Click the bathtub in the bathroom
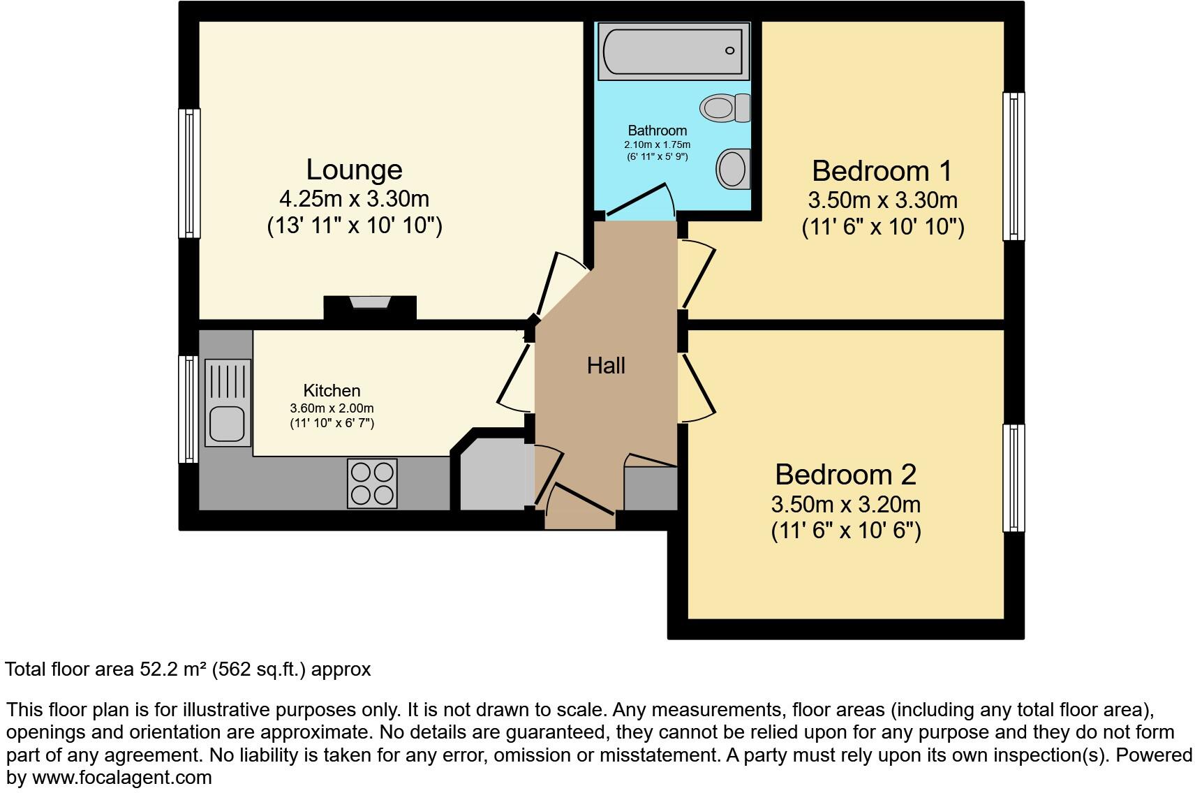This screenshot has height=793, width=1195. pos(672,50)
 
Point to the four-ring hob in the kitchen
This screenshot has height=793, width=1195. pos(372,483)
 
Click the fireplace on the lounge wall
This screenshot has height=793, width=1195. pos(370,306)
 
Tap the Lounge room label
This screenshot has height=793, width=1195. pos(354,170)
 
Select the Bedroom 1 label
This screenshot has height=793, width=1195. pos(882,171)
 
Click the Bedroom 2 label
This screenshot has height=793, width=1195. pos(845,475)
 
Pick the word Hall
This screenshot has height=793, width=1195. pos(605,365)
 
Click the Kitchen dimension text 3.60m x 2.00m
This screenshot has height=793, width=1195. pos(332,408)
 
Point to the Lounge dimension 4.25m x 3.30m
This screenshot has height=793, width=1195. pos(354,199)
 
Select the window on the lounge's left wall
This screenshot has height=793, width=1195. pos(189,172)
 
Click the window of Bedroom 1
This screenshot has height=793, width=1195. pos(1014,166)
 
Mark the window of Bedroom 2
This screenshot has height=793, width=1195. pos(1014,477)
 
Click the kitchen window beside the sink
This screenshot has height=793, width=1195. pos(188,409)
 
